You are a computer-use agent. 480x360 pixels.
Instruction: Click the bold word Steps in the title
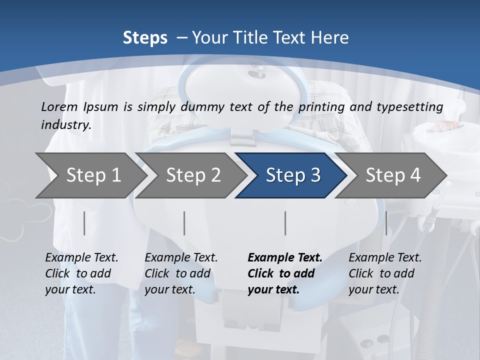tap(145, 38)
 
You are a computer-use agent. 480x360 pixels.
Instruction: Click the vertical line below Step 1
tap(84, 223)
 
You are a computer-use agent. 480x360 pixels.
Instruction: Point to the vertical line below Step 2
tap(184, 223)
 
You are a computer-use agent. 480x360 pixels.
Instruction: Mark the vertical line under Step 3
tap(285, 223)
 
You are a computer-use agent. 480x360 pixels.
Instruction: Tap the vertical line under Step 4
tap(386, 223)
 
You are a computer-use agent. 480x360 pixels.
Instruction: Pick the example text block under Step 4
tap(385, 273)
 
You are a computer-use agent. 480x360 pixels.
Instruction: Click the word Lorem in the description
tap(59, 106)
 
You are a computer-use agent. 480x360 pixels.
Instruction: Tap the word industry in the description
tap(66, 125)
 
